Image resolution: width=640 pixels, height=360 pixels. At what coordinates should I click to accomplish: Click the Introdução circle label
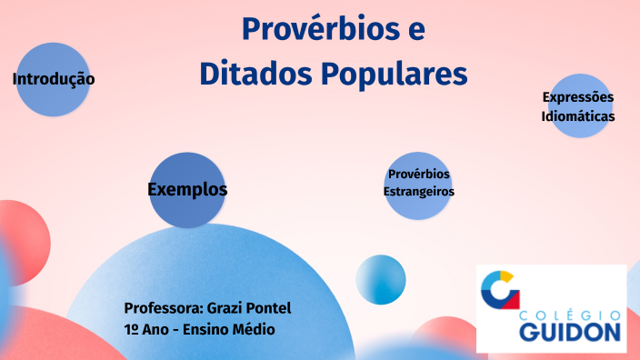[x=54, y=79]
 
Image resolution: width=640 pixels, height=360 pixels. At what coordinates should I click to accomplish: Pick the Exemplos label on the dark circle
[x=187, y=189]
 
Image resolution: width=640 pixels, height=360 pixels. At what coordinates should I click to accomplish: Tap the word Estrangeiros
[x=418, y=192]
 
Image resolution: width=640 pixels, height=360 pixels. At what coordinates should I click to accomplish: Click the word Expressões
[x=578, y=97]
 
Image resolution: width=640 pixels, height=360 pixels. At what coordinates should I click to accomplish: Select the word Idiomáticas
[x=578, y=116]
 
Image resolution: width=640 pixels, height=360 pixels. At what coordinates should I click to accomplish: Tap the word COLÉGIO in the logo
[x=571, y=314]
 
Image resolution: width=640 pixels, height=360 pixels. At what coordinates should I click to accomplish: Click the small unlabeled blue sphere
[x=381, y=279]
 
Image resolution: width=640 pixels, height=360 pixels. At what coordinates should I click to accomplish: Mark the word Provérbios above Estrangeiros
[x=418, y=174]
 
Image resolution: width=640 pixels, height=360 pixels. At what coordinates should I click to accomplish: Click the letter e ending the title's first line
[x=415, y=30]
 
